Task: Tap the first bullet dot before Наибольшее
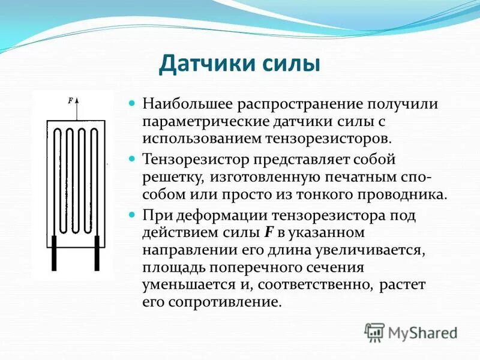(x=134, y=104)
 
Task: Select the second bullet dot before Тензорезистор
(x=134, y=160)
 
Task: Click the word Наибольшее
(x=188, y=104)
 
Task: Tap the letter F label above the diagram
(x=71, y=101)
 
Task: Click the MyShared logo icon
(x=374, y=332)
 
